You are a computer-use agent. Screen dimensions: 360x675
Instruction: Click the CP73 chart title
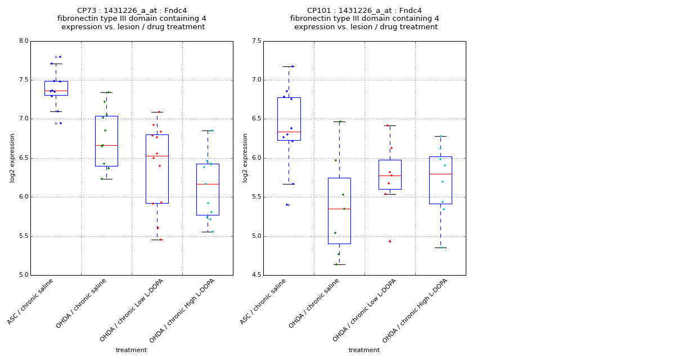[x=132, y=19]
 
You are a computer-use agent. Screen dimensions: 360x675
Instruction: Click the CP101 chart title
[x=364, y=19]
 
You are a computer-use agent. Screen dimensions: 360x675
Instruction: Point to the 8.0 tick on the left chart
[x=23, y=41]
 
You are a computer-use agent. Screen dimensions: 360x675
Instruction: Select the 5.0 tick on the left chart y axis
[x=23, y=275]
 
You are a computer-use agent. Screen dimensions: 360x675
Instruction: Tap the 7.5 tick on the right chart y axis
[x=256, y=41]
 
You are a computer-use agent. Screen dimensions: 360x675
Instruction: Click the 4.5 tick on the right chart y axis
[x=256, y=275]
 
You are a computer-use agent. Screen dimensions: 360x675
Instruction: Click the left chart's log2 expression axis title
[x=12, y=157]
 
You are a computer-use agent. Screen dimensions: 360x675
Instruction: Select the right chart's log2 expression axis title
[x=245, y=157]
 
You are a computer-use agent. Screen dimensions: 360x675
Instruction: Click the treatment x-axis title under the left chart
[x=131, y=350]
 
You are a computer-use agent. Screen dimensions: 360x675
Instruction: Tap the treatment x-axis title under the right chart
[x=364, y=350]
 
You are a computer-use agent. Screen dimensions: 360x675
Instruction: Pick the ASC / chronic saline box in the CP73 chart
[x=56, y=88]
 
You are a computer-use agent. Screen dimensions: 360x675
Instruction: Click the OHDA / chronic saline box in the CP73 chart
[x=106, y=141]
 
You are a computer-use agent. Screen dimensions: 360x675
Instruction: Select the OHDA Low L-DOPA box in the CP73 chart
[x=157, y=169]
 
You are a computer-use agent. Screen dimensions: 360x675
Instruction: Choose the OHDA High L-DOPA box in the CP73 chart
[x=208, y=189]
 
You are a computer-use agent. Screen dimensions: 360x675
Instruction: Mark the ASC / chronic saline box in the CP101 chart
[x=289, y=119]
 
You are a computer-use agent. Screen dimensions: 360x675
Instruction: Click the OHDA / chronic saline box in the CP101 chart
[x=339, y=210]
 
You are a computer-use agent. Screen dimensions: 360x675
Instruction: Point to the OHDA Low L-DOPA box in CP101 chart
[x=390, y=174]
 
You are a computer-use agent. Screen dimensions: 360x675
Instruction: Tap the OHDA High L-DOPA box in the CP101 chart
[x=440, y=180]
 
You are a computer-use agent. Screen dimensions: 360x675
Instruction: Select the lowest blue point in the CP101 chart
[x=286, y=205]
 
